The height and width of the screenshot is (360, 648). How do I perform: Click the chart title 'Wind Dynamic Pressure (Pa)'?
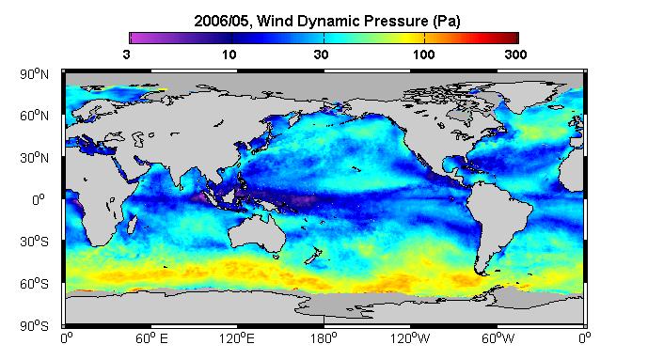click(x=358, y=21)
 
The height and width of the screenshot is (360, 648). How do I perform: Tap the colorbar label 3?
click(x=126, y=55)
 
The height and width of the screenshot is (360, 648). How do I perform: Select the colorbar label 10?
click(x=229, y=55)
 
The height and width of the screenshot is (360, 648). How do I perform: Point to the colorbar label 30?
click(x=321, y=55)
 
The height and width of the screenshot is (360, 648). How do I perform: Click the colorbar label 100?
click(x=423, y=55)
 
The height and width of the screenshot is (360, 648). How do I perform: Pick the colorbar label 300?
click(x=515, y=55)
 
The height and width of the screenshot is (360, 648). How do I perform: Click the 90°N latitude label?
click(x=34, y=74)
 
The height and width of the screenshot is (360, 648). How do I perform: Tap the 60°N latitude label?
click(x=34, y=116)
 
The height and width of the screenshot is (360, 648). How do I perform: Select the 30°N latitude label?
click(x=34, y=158)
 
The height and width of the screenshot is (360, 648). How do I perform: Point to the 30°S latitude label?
click(x=34, y=242)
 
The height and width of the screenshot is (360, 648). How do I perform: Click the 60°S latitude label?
click(x=34, y=284)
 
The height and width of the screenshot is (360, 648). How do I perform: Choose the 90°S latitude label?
click(x=34, y=326)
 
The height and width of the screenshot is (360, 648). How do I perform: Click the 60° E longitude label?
click(x=151, y=339)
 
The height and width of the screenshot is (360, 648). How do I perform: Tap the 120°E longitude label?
click(x=237, y=339)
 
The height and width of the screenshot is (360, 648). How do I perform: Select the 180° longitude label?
click(x=324, y=339)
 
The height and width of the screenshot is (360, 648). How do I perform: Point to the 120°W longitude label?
click(x=410, y=339)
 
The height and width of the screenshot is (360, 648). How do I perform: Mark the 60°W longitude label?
click(x=498, y=339)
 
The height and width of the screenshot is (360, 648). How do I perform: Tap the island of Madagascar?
click(x=133, y=224)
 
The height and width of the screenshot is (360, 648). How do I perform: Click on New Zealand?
click(x=313, y=256)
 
